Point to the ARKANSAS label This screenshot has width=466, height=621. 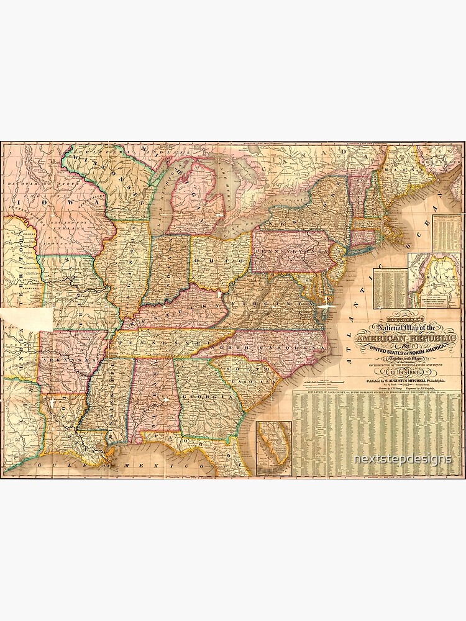point(71,360)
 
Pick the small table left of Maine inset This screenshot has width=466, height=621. point(390,287)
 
